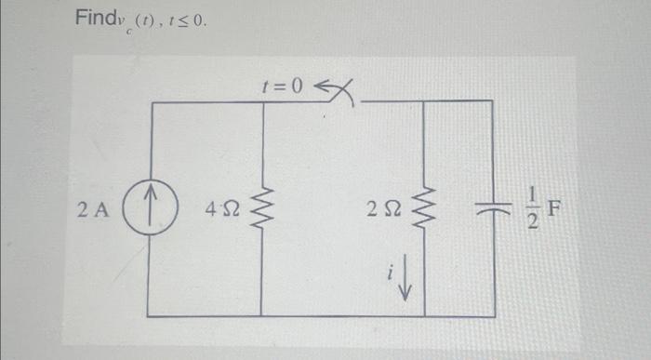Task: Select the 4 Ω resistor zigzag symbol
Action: [x=262, y=207]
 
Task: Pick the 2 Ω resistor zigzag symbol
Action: [x=425, y=207]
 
